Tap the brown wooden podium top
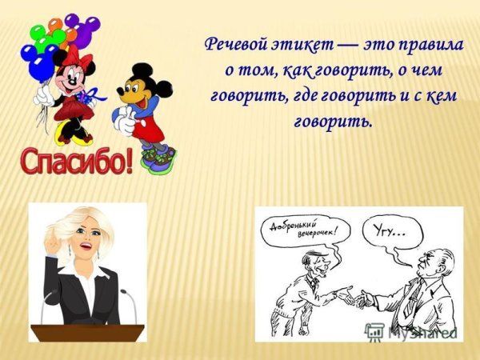pos(87,330)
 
